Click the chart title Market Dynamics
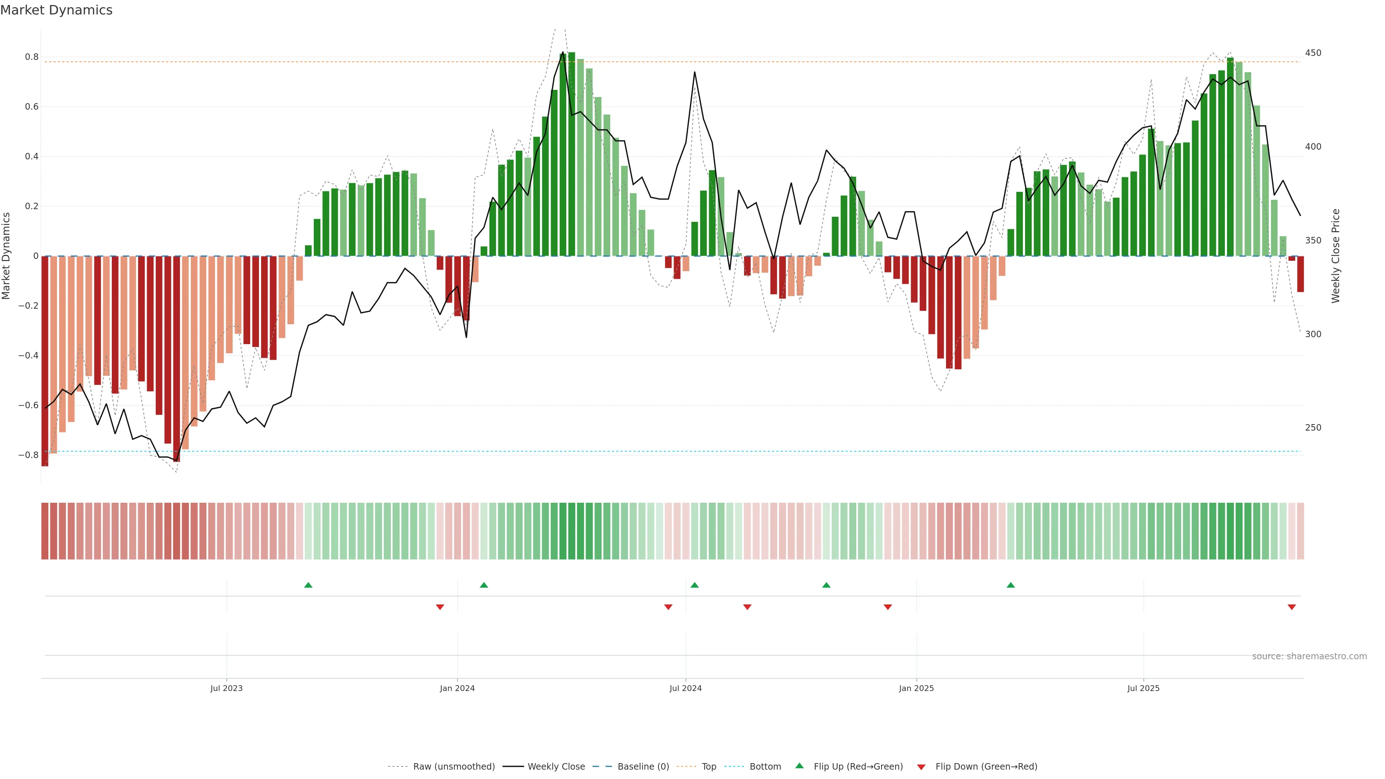[x=57, y=10]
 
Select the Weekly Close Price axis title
[x=1336, y=256]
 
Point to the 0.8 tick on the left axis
[x=32, y=57]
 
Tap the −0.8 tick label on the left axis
[x=28, y=455]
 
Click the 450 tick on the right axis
[x=1313, y=53]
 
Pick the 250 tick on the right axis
[x=1313, y=427]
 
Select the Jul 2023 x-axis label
[x=227, y=688]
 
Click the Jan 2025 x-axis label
[x=916, y=688]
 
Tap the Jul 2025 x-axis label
[x=1143, y=688]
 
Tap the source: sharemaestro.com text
[x=1309, y=656]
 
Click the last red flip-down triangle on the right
[x=1292, y=607]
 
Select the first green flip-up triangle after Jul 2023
[x=308, y=585]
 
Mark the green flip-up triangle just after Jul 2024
[x=695, y=585]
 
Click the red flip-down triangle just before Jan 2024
[x=440, y=607]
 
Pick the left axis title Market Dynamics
[x=6, y=256]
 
